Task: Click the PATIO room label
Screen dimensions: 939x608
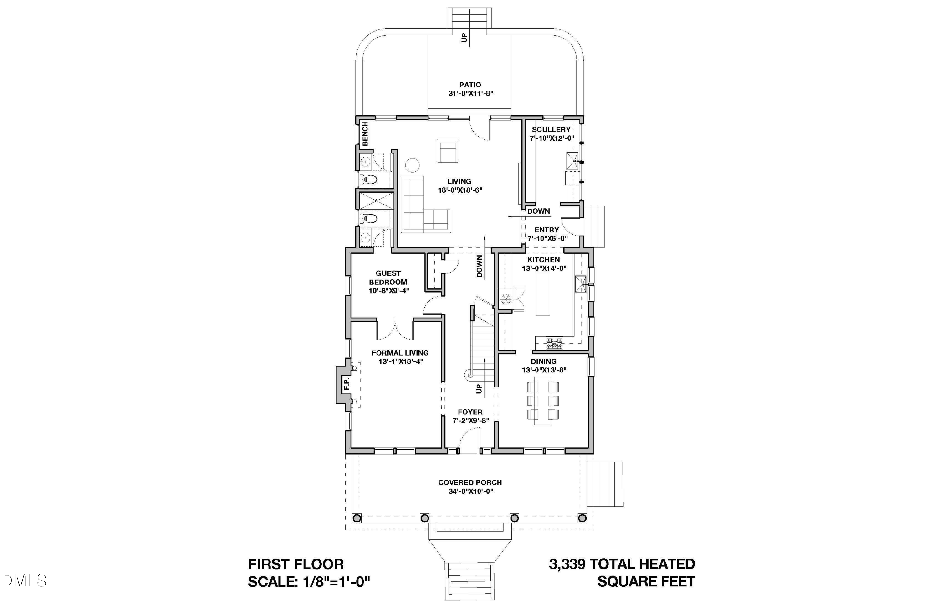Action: [x=470, y=85]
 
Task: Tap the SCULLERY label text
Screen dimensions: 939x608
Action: [x=551, y=129]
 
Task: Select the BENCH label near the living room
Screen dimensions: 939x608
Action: [x=365, y=133]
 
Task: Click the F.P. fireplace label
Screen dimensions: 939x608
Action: [x=347, y=384]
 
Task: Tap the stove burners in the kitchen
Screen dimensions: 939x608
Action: [x=554, y=343]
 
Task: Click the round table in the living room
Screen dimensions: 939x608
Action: [x=412, y=165]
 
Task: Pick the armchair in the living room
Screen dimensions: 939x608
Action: [x=448, y=150]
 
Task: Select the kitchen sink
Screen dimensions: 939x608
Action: [x=580, y=284]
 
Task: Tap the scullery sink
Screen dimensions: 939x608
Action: [x=572, y=161]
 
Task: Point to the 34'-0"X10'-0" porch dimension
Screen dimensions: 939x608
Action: [x=471, y=491]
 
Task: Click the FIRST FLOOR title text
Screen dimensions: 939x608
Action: [x=296, y=564]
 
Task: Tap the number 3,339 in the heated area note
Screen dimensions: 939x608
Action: [x=567, y=564]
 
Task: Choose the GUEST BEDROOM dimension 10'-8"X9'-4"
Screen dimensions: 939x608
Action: [x=389, y=291]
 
